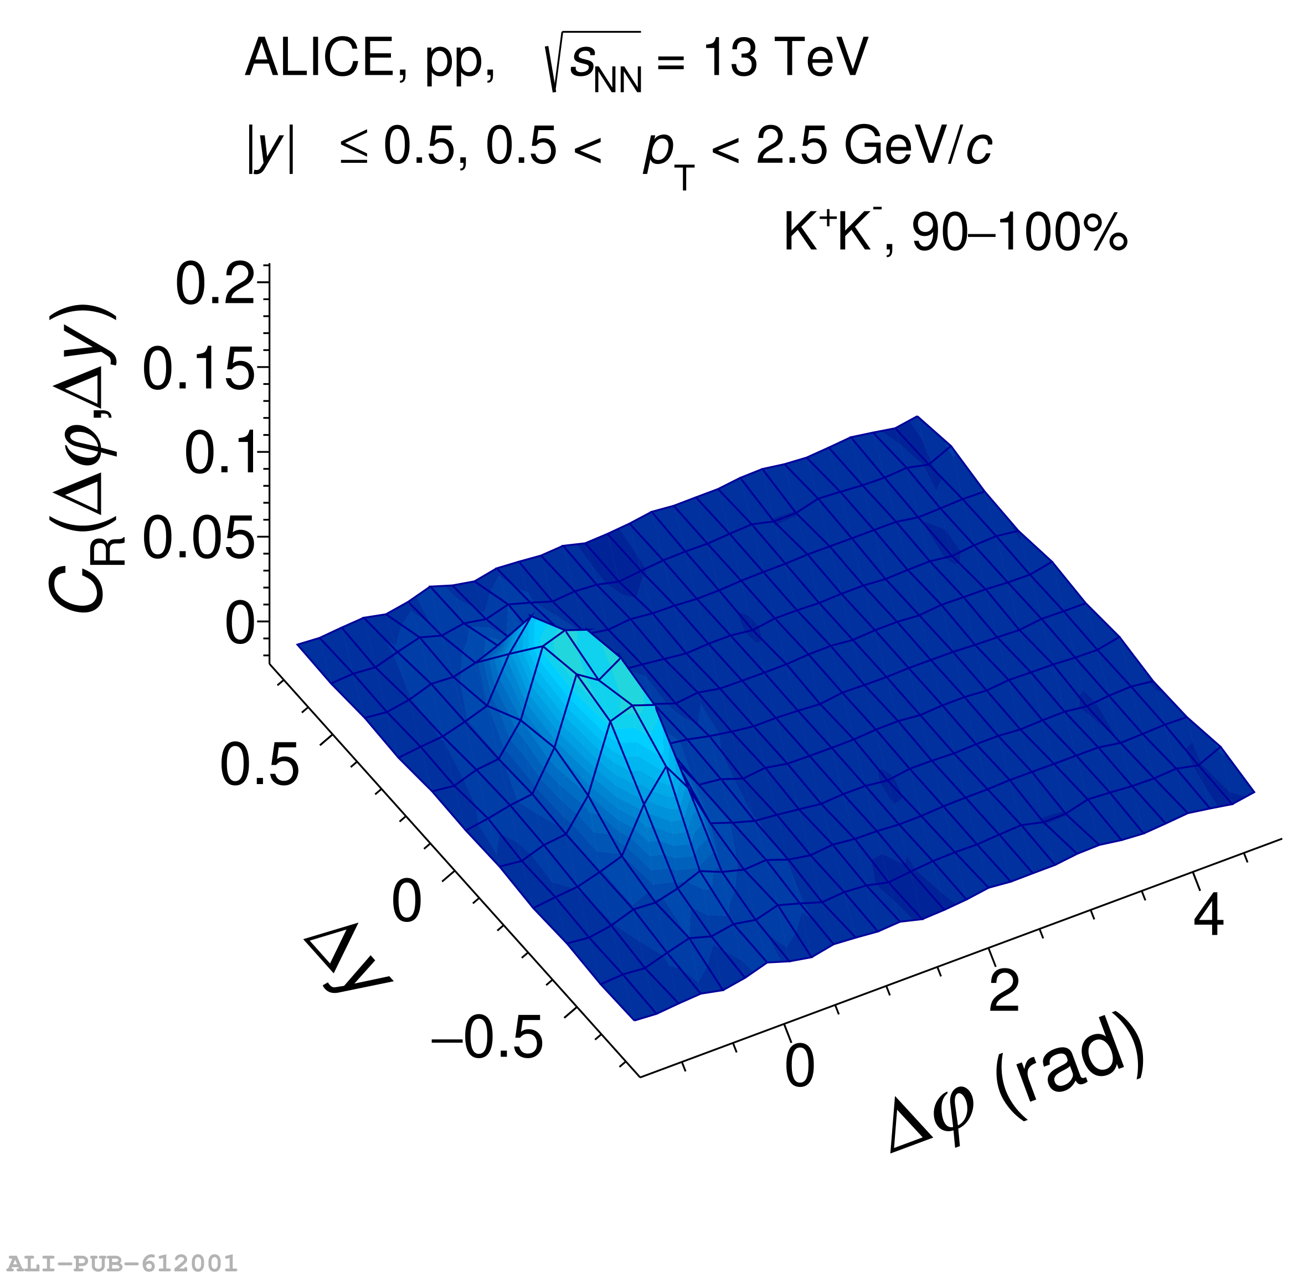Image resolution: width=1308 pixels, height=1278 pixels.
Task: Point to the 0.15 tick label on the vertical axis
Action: coord(199,369)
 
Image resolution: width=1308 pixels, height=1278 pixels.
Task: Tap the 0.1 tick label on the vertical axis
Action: coord(221,454)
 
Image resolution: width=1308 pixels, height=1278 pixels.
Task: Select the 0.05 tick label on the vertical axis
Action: coord(199,538)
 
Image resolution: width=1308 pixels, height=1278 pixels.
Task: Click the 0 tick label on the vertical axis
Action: coord(240,623)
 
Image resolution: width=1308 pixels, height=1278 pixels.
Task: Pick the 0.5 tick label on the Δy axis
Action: coord(259,765)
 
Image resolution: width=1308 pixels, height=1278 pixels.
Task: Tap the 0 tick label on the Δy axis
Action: coord(406,901)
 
